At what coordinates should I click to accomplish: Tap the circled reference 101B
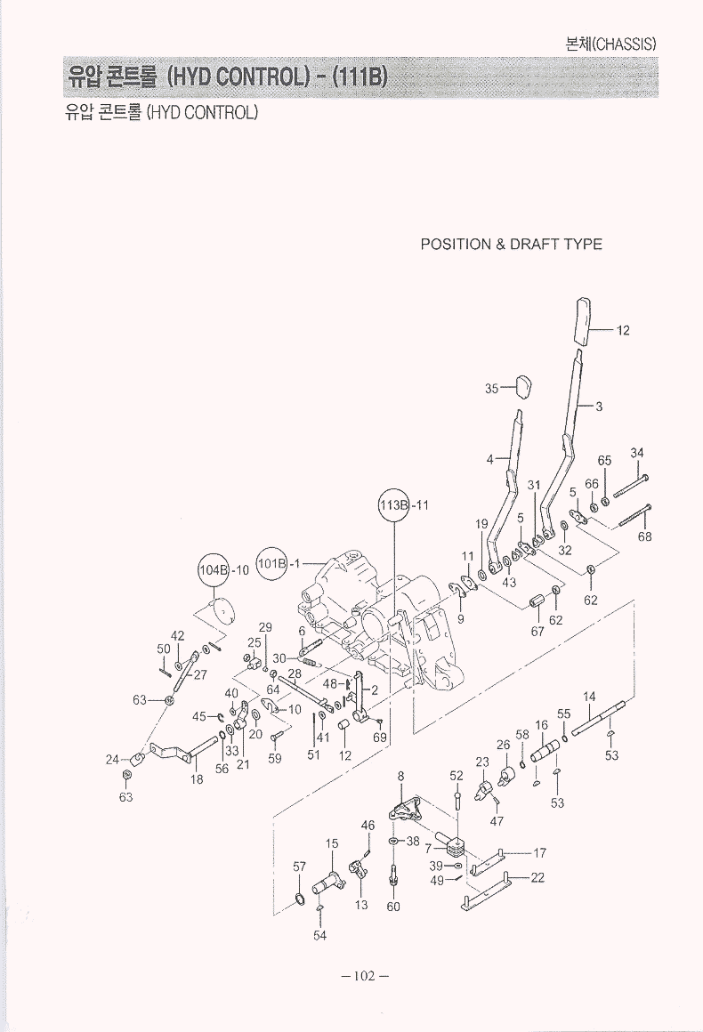coord(271,562)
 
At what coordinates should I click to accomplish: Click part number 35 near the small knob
coord(491,387)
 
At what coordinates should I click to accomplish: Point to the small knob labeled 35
coord(522,386)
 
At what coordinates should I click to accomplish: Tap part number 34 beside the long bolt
coord(637,453)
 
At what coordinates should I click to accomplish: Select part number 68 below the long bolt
coord(645,536)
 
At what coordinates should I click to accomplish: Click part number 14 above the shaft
coord(589,696)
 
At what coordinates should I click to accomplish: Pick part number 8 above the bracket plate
coord(401,776)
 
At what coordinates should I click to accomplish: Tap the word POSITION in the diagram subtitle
coord(455,245)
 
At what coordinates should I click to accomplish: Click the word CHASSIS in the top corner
coord(625,43)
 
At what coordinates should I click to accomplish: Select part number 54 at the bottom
coord(319,935)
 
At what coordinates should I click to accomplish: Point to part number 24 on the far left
coord(112,759)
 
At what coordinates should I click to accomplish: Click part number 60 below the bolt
coord(393,907)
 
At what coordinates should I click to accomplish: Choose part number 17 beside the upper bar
coord(539,852)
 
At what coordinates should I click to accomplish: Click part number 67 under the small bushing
coord(537,632)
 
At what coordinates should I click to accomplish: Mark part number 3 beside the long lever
coord(600,407)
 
